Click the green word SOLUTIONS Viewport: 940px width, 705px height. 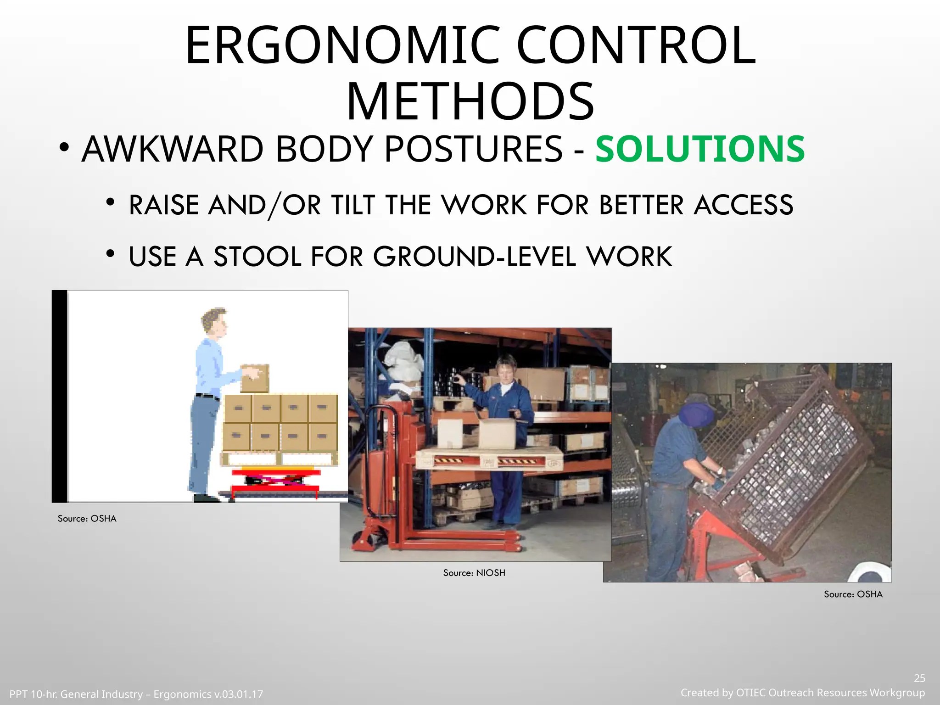coord(699,150)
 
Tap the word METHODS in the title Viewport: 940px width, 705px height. coord(470,102)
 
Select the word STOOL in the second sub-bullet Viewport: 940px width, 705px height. coord(257,257)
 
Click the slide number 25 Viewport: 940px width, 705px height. coord(919,678)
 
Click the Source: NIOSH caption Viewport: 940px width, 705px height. coord(474,573)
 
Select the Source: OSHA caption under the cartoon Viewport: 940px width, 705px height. coord(87,519)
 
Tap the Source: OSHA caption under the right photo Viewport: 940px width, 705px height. coord(853,594)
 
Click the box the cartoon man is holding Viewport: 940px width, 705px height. coord(255,378)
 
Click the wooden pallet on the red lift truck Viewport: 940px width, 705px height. coord(488,459)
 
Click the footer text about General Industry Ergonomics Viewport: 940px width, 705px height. coord(136,694)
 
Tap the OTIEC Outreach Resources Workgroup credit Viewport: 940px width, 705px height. coord(802,693)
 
